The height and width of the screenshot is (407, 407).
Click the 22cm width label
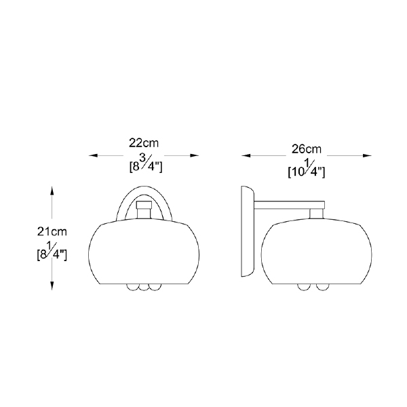144,143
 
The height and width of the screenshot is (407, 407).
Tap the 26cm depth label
307,149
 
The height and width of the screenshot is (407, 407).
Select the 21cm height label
52,231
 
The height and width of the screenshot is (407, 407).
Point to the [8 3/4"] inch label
146,165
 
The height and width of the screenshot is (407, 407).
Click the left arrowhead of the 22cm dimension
93,155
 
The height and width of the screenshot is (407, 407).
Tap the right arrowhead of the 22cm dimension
195,155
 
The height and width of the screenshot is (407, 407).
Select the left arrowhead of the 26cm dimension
246,155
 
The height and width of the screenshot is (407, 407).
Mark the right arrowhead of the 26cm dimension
367,155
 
